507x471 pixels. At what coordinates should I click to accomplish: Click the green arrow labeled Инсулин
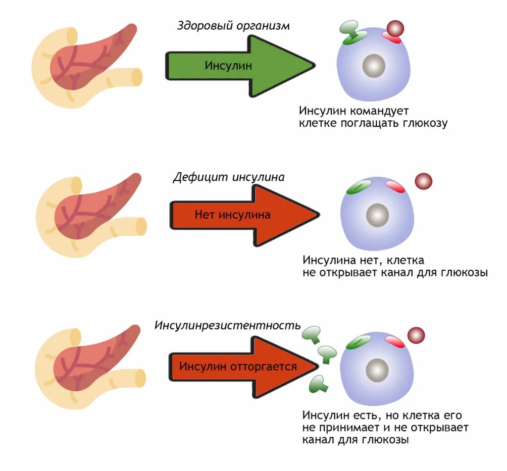(233, 65)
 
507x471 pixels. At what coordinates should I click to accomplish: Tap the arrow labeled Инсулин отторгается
(238, 366)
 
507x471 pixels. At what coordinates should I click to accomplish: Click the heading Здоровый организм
(233, 26)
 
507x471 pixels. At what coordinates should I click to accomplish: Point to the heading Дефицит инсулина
(229, 177)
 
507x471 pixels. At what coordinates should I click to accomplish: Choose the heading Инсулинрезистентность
(228, 325)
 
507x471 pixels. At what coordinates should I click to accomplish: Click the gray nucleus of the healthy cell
(374, 66)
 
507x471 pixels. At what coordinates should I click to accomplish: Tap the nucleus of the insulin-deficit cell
(378, 215)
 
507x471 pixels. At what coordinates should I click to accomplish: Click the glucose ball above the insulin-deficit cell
(423, 181)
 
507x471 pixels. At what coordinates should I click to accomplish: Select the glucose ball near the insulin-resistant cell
(416, 335)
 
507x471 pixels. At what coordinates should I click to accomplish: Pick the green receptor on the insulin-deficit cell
(358, 187)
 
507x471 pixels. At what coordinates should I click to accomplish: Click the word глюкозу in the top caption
(423, 123)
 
